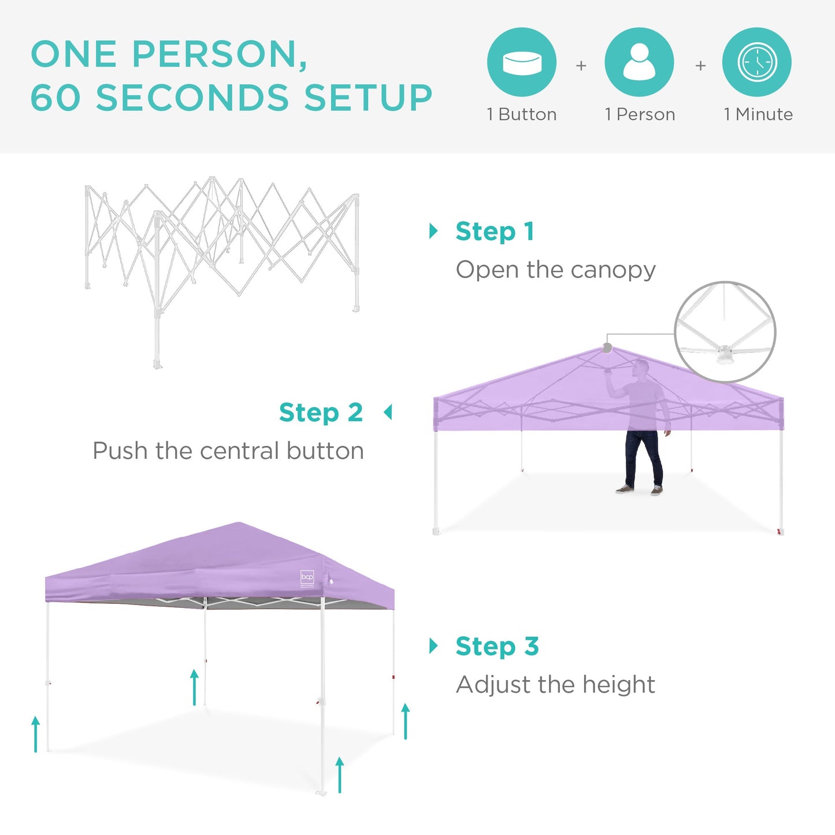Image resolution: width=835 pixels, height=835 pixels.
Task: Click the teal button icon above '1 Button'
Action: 522,62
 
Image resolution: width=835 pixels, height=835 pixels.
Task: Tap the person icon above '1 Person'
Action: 639,62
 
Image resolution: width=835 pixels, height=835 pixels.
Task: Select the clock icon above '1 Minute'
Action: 757,62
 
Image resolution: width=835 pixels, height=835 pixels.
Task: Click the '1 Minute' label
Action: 758,114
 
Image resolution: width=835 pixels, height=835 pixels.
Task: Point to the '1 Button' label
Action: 522,114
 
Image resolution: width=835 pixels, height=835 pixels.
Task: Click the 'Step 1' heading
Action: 495,232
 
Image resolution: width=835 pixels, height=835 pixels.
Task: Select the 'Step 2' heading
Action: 321,413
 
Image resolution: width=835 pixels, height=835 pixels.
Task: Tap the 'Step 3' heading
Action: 497,646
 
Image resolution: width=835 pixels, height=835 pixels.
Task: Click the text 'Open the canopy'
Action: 556,270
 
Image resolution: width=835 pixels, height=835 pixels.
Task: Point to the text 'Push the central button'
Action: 228,451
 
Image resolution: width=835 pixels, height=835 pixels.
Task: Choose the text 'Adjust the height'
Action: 555,685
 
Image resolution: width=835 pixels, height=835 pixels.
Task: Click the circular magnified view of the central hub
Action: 725,332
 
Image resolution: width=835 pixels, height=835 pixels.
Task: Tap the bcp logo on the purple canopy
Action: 307,577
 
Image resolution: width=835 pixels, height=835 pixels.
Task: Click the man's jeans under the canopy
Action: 643,457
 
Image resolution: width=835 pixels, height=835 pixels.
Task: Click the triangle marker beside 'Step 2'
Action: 388,413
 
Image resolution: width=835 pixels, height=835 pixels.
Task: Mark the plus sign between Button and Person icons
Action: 581,66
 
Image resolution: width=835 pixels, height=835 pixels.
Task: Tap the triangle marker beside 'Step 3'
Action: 433,645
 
